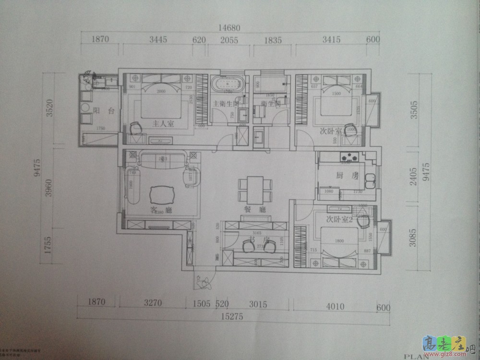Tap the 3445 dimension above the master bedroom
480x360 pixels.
coord(158,40)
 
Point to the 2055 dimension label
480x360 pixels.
coord(229,40)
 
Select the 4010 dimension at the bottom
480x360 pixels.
coord(334,304)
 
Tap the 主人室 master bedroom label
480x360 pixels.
coord(163,124)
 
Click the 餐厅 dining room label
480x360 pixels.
coord(252,209)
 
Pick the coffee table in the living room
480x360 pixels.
coord(162,194)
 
